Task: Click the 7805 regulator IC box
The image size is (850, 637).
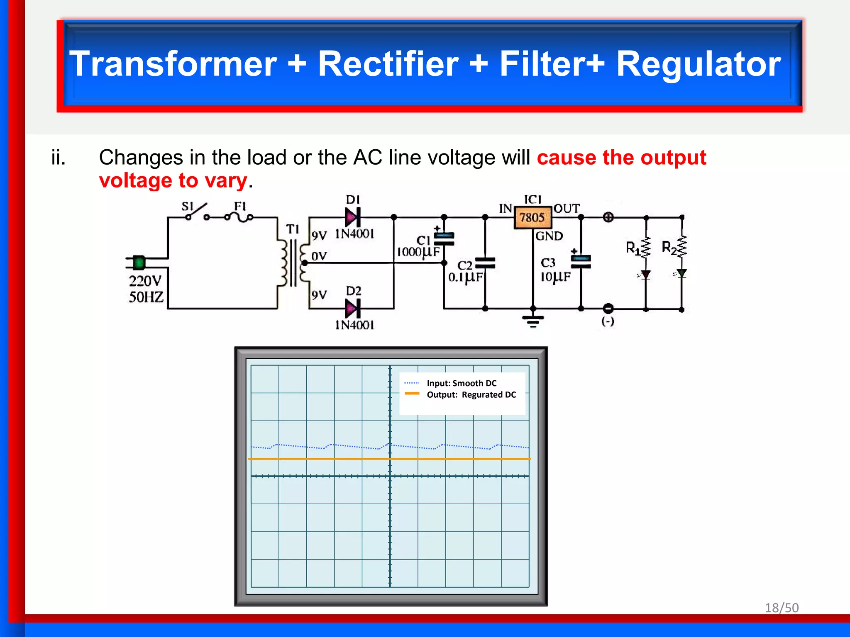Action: tap(532, 217)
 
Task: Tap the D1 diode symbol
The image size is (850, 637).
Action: tap(352, 217)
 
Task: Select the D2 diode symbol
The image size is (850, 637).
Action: tap(352, 308)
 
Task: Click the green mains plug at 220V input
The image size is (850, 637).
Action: tap(139, 263)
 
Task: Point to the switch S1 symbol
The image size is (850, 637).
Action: tap(197, 212)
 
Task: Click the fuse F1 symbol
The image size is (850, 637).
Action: tap(239, 216)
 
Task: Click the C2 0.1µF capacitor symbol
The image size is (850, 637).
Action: tap(485, 263)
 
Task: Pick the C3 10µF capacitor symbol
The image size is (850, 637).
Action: tap(581, 261)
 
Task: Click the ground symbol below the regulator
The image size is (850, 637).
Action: tap(533, 320)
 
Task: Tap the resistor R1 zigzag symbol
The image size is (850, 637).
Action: tap(645, 248)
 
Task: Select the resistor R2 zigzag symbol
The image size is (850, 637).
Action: tap(681, 247)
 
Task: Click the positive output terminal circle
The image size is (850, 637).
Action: tap(608, 217)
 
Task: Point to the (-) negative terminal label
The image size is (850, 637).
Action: tap(608, 321)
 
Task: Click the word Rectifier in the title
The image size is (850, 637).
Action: tap(388, 64)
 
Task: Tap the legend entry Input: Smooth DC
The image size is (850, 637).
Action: tap(461, 383)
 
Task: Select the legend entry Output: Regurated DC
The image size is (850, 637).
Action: tap(471, 395)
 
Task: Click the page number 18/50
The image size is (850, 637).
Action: tap(782, 608)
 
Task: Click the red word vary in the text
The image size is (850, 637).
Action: tap(226, 181)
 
